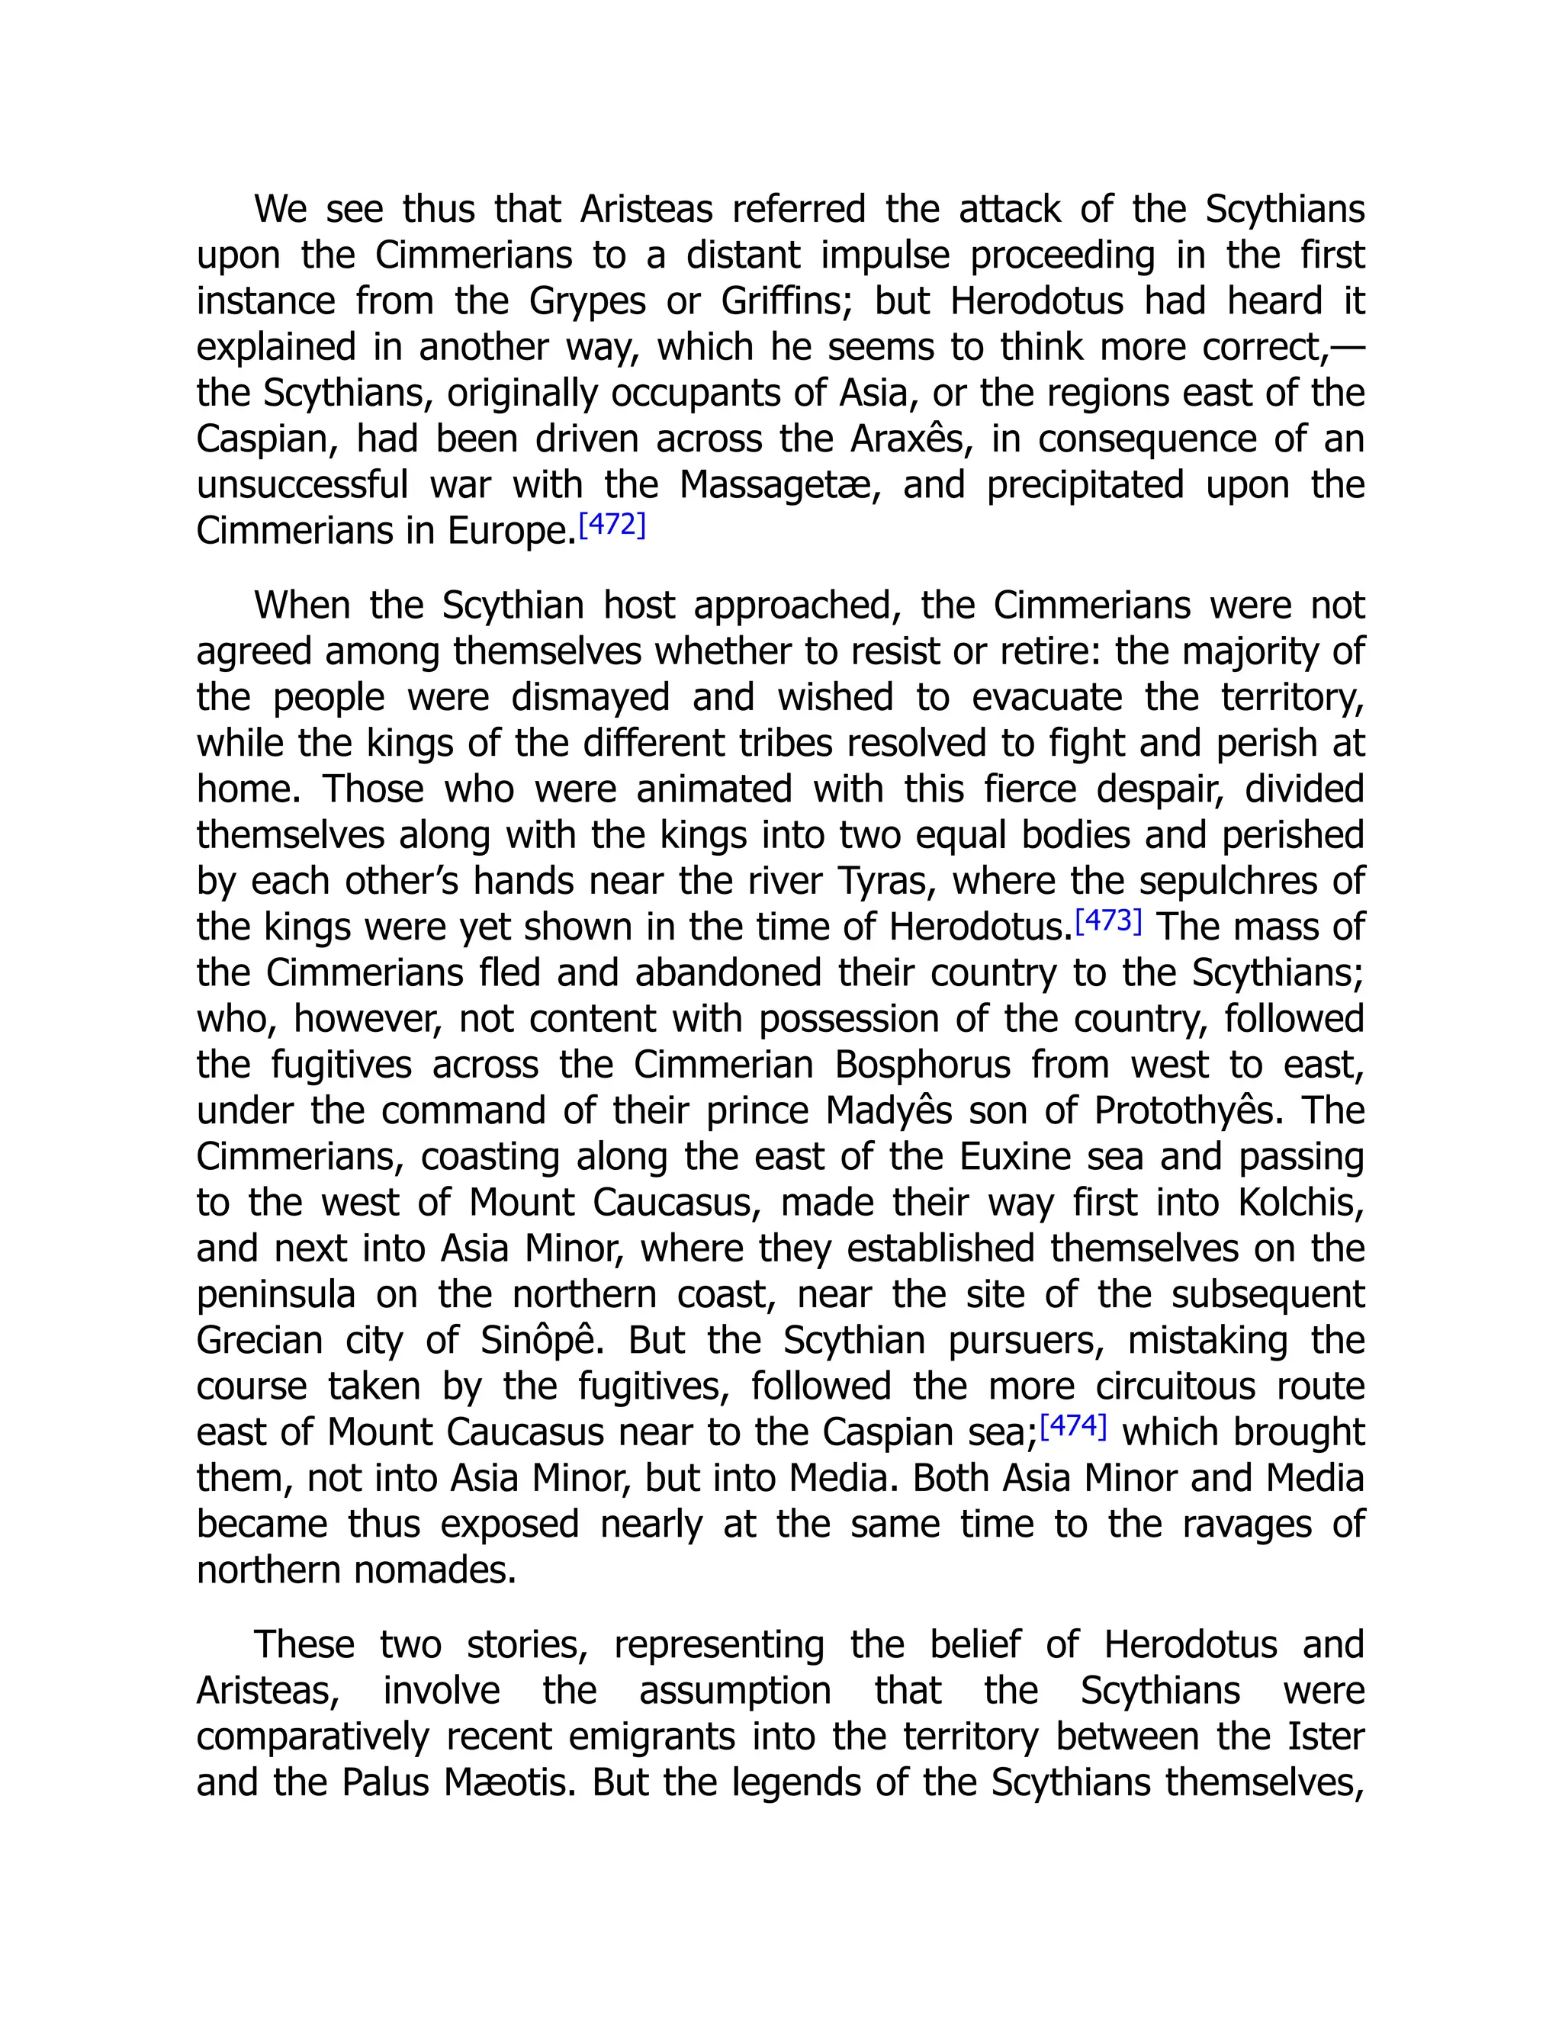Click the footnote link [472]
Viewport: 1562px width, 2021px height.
pyautogui.click(x=612, y=525)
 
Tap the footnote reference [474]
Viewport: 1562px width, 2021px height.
pyautogui.click(x=1073, y=1426)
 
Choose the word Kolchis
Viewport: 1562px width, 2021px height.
pyautogui.click(x=1300, y=1203)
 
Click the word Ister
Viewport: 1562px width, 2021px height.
pyautogui.click(x=1326, y=1736)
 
